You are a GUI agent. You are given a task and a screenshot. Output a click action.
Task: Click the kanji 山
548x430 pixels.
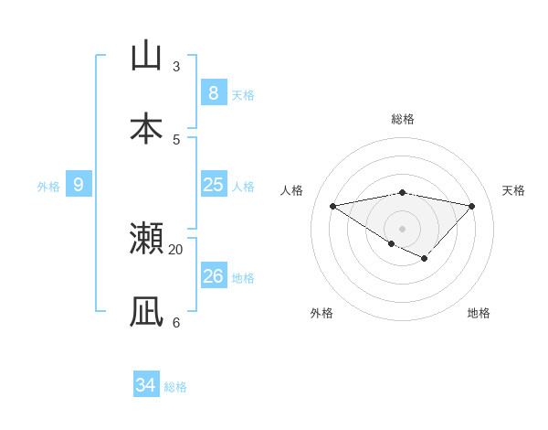pyautogui.click(x=146, y=56)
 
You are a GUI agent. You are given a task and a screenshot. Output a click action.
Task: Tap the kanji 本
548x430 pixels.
pyautogui.click(x=146, y=129)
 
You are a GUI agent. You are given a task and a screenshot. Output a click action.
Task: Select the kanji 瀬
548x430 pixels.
pyautogui.click(x=146, y=239)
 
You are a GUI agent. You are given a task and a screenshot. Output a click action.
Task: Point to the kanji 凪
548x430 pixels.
pyautogui.click(x=146, y=312)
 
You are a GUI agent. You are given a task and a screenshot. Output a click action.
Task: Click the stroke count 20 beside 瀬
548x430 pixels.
pyautogui.click(x=176, y=249)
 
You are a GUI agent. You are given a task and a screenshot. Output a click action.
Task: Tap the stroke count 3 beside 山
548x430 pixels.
pyautogui.click(x=176, y=66)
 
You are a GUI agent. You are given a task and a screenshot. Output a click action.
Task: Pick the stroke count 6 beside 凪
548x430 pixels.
pyautogui.click(x=176, y=322)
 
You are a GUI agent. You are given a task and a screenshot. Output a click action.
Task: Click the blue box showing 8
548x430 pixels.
pyautogui.click(x=213, y=92)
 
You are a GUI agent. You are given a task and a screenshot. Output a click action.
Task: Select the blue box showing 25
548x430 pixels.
pyautogui.click(x=213, y=185)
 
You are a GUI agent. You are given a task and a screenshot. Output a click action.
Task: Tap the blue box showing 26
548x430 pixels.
pyautogui.click(x=213, y=275)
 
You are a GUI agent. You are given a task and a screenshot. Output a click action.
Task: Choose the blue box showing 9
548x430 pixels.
pyautogui.click(x=79, y=185)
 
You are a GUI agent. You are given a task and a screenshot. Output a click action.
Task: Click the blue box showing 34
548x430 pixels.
pyautogui.click(x=146, y=385)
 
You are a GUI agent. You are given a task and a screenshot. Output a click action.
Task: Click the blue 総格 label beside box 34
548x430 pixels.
pyautogui.click(x=175, y=387)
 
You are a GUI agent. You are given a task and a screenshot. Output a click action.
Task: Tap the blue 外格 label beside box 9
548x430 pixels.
pyautogui.click(x=48, y=187)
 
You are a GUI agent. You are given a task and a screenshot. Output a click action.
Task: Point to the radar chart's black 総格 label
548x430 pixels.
pyautogui.click(x=402, y=119)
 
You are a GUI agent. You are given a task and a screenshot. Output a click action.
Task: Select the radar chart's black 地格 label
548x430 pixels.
pyautogui.click(x=479, y=313)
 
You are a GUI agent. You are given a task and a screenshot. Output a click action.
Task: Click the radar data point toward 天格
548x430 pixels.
pyautogui.click(x=472, y=206)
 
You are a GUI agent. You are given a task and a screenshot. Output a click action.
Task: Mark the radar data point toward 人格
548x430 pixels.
pyautogui.click(x=333, y=206)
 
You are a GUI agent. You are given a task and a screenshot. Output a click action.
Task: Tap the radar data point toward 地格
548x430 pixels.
pyautogui.click(x=425, y=259)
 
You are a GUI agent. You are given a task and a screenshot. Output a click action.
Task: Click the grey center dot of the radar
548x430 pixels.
pyautogui.click(x=402, y=228)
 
